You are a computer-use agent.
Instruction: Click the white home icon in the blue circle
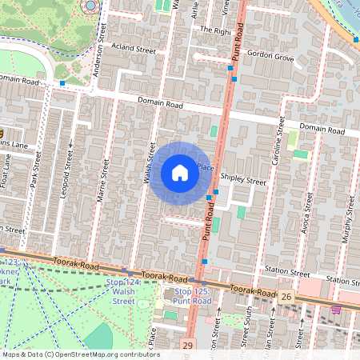point(180,173)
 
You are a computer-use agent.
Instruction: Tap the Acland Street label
point(133,48)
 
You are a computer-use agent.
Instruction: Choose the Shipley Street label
point(243,181)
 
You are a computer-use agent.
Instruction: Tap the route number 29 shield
point(187,345)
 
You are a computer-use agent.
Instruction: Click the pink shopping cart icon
point(336,309)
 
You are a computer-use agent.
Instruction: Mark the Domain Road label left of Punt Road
point(160,105)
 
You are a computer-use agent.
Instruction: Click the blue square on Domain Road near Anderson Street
point(62,83)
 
